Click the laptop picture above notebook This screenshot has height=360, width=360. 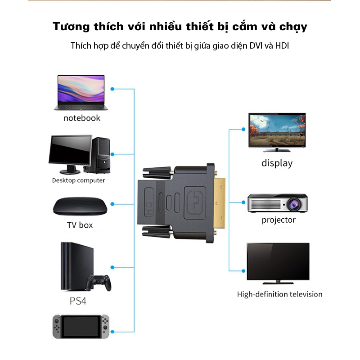pos(79,92)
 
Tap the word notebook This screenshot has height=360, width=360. pos(81,118)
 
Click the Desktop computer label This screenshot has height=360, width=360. pos(78,180)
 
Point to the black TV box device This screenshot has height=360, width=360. pos(80,206)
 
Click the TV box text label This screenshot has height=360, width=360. pos(80,225)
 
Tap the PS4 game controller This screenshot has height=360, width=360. pos(99,283)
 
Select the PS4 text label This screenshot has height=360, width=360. pos(78,301)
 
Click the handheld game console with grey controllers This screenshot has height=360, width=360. pos(81,326)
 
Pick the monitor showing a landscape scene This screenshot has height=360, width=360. pos(277,130)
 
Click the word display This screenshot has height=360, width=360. pos(277,163)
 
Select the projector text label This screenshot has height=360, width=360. pos(279,220)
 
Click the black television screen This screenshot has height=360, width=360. pos(278,262)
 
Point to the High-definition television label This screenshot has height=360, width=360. pos(279,294)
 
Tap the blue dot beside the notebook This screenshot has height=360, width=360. pos(112,89)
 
